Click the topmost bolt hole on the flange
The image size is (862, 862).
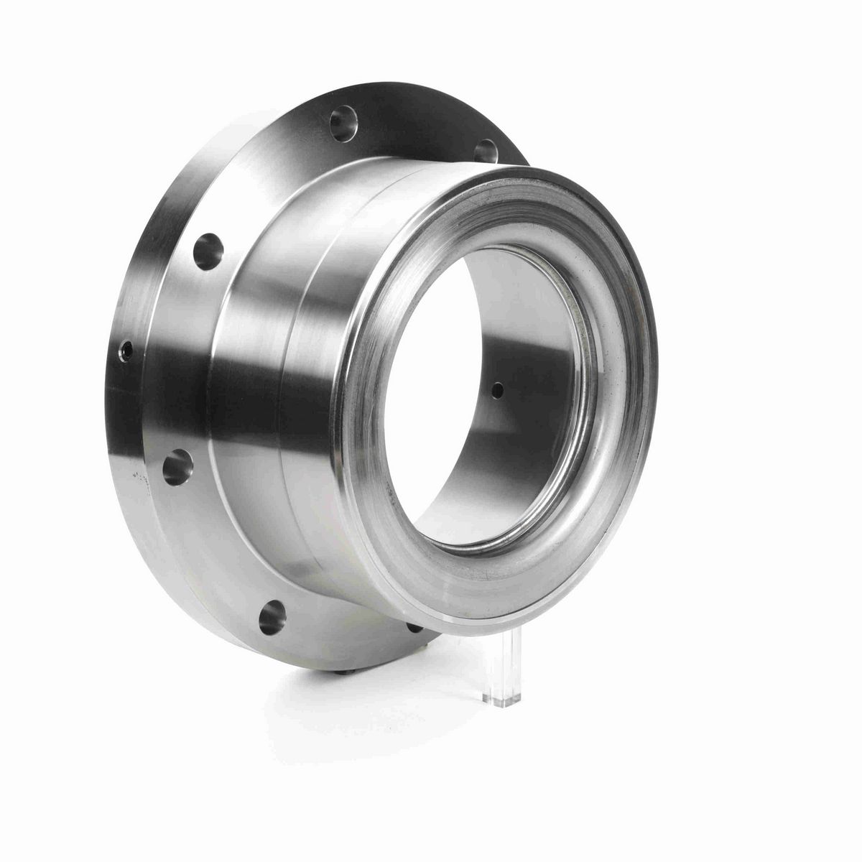pyautogui.click(x=343, y=123)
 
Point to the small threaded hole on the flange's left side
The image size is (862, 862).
pyautogui.click(x=126, y=351)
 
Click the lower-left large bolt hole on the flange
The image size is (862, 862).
pyautogui.click(x=177, y=467)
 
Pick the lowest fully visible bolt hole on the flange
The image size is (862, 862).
pyautogui.click(x=272, y=617)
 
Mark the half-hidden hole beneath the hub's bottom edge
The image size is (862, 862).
pyautogui.click(x=414, y=627)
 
